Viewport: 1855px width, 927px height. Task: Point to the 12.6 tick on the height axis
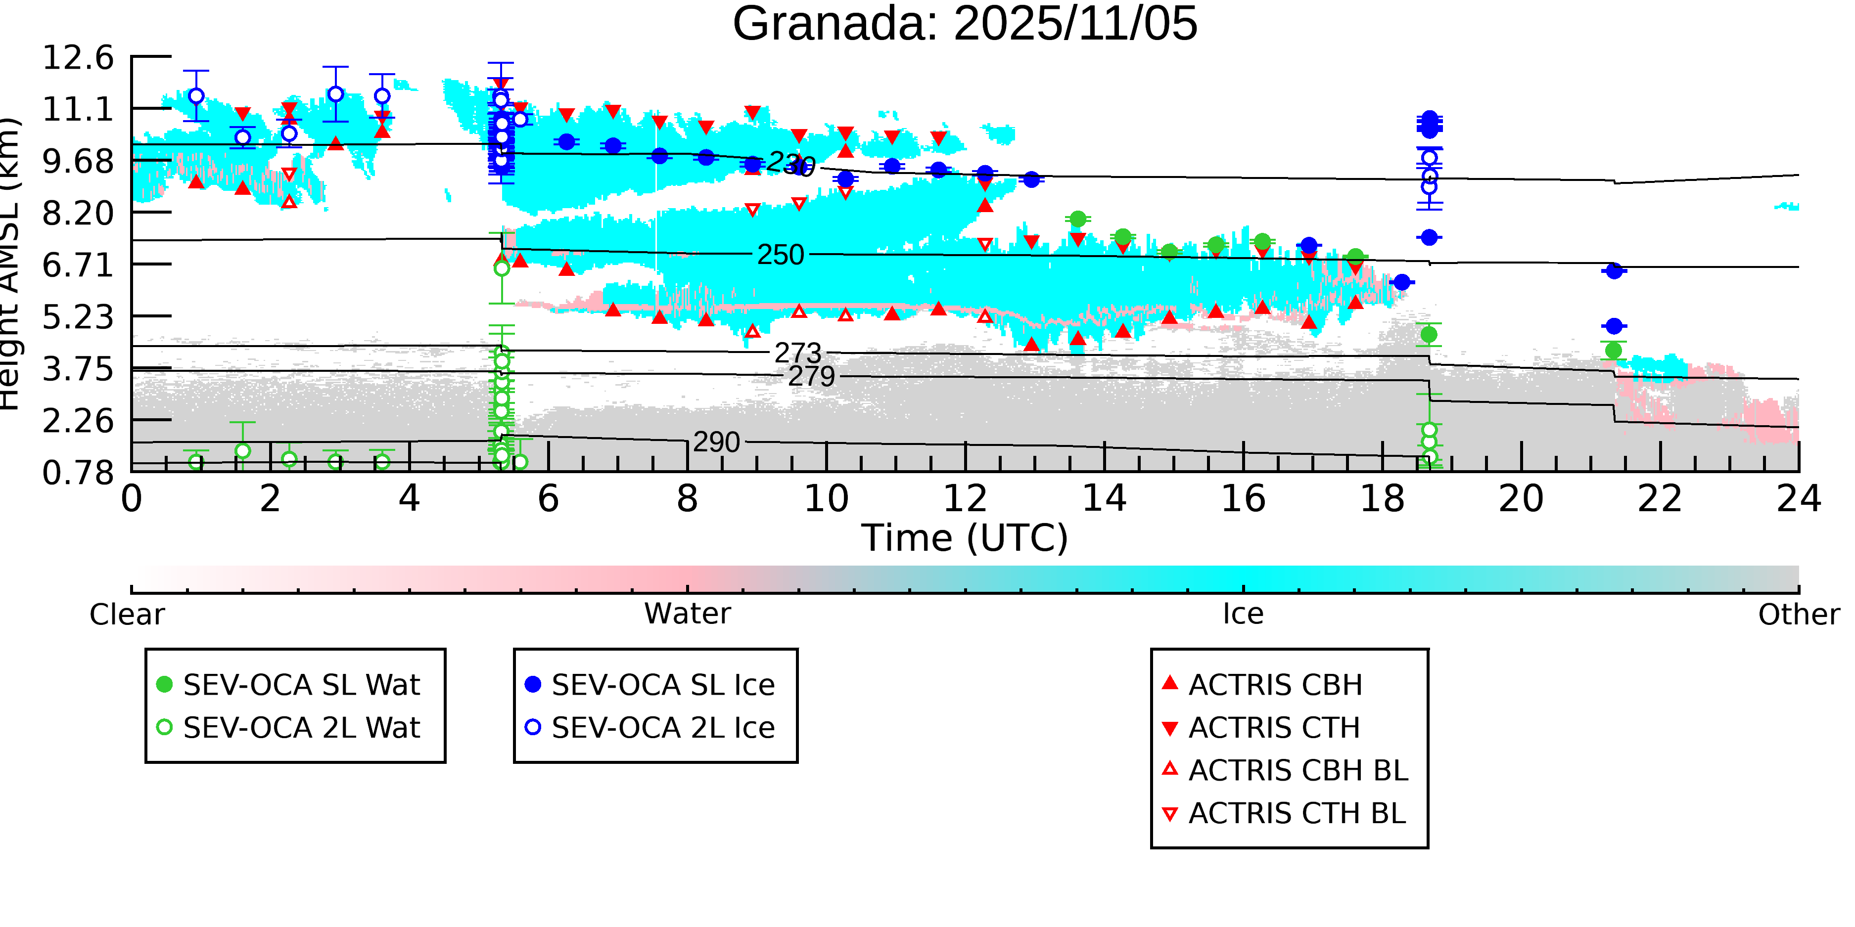click(78, 57)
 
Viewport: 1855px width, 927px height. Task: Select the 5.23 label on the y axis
click(78, 317)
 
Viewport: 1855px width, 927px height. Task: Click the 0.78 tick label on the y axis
click(78, 473)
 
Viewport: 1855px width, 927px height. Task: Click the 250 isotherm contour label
click(780, 255)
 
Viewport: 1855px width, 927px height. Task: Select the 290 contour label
click(716, 442)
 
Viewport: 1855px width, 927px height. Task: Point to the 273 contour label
click(797, 353)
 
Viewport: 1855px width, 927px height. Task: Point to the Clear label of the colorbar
click(127, 615)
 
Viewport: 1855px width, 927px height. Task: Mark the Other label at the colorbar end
click(1798, 615)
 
